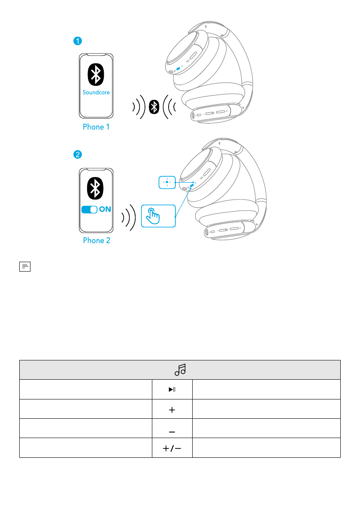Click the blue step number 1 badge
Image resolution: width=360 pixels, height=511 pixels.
coord(77,41)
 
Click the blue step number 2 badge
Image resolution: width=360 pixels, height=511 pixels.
coord(77,154)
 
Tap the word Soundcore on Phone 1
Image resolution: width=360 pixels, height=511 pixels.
coord(97,92)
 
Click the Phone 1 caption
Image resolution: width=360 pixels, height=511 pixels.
coord(97,127)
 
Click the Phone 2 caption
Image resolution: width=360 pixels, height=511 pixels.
coord(97,240)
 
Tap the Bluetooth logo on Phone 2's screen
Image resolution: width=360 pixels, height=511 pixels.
coord(97,188)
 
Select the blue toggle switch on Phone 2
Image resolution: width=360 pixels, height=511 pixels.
coord(89,210)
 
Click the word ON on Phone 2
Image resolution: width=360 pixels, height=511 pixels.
coord(106,210)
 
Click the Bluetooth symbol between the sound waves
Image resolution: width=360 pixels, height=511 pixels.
coord(154,107)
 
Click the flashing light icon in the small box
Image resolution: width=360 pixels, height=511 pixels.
coord(167,181)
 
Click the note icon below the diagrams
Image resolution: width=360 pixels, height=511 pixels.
coord(25,267)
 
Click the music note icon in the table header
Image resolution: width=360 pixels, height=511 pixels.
coord(180,369)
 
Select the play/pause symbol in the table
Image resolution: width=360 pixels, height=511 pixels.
coord(172,390)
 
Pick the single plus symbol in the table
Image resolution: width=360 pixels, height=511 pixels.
coord(172,410)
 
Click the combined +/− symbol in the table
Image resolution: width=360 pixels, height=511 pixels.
coord(172,448)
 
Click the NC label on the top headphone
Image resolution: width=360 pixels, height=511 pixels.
coord(188,60)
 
